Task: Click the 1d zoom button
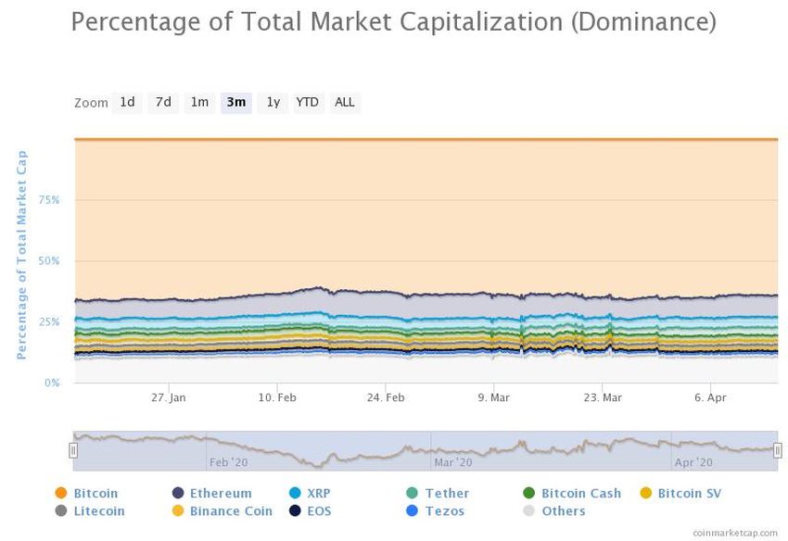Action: pyautogui.click(x=127, y=103)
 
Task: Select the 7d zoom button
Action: pyautogui.click(x=163, y=103)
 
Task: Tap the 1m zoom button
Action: pyautogui.click(x=199, y=103)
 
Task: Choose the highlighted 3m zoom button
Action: pyautogui.click(x=236, y=103)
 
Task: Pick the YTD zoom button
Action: pyautogui.click(x=307, y=103)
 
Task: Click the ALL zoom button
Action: pyautogui.click(x=344, y=103)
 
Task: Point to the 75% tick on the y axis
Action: pyautogui.click(x=49, y=200)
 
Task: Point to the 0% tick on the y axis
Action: pyautogui.click(x=53, y=383)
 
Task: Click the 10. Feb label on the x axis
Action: pyautogui.click(x=277, y=397)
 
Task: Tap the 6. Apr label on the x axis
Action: pyautogui.click(x=710, y=397)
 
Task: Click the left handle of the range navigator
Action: pyautogui.click(x=73, y=450)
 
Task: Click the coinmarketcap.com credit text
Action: pyautogui.click(x=736, y=533)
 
